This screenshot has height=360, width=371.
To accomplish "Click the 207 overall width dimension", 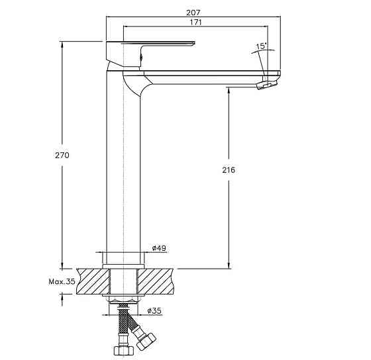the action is (x=193, y=13).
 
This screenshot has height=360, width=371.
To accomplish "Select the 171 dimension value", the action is (x=195, y=22).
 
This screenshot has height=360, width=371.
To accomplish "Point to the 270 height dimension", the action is (x=62, y=155).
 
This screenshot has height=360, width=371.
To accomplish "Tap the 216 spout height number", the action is (x=229, y=169).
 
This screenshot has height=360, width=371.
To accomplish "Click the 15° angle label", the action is (x=262, y=46).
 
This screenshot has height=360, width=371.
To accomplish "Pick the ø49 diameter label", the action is (x=159, y=248).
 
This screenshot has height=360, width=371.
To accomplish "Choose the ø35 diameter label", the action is (x=154, y=310).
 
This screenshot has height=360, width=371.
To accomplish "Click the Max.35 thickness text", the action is (x=62, y=281).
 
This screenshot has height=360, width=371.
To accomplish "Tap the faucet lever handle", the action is (x=150, y=54).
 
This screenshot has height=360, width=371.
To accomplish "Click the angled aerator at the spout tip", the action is (x=267, y=85).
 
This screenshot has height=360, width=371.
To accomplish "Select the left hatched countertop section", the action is (x=93, y=281).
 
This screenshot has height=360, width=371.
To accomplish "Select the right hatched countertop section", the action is (x=156, y=281).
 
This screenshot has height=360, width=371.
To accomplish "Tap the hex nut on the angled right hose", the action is (x=146, y=341).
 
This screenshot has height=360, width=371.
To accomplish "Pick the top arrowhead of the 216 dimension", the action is (x=229, y=91).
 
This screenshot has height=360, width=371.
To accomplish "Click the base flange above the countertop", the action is (x=123, y=267).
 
